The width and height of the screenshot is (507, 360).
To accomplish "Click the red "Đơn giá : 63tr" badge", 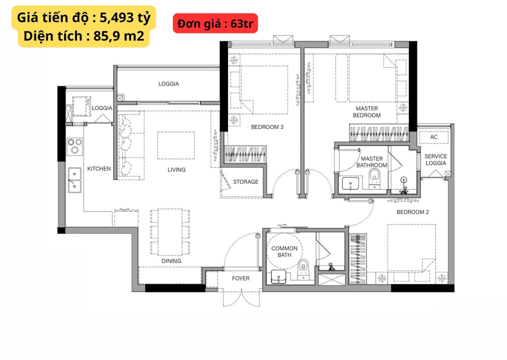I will pos(215,23).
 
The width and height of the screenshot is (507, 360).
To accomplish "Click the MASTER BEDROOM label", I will pos(367,112).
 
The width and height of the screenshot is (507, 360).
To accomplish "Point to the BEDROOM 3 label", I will pos(267,127).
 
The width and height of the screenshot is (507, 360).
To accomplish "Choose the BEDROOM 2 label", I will pos(412,212).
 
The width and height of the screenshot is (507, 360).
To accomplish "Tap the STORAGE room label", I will pos(245,181).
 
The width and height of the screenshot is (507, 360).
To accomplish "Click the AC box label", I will pos(433,137).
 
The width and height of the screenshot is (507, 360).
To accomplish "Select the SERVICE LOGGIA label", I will pos(435,159).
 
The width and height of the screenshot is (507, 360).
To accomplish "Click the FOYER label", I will pos(240,278).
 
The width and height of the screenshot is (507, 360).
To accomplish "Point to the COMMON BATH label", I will pos(284,251).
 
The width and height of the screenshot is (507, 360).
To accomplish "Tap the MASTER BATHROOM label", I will pos(371,162).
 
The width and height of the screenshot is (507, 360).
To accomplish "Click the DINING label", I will pos(171,261).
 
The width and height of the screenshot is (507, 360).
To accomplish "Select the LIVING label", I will pos(176,169).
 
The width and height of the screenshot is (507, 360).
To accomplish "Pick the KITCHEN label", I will pos(99,168).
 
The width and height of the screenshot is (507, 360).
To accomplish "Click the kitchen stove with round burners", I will pos(75,145).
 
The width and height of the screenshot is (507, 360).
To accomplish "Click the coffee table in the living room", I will pos(176,145).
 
